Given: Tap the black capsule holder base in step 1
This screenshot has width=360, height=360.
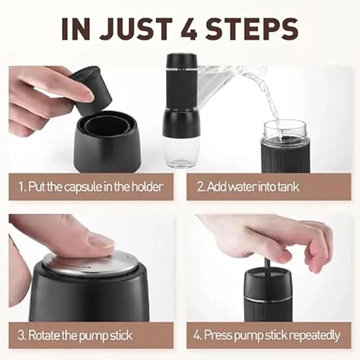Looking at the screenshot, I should tap(107, 141).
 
